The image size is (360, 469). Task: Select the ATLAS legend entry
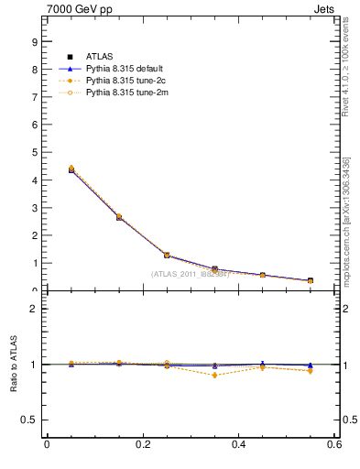[x=100, y=56]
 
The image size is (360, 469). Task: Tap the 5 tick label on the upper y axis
[x=33, y=152]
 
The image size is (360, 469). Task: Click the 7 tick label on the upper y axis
[x=33, y=97]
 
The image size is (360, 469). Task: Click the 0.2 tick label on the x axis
[x=142, y=444]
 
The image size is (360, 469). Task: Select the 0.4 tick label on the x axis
[x=238, y=444]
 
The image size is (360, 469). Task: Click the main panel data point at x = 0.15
[x=118, y=217]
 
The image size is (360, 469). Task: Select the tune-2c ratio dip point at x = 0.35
[x=214, y=375]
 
